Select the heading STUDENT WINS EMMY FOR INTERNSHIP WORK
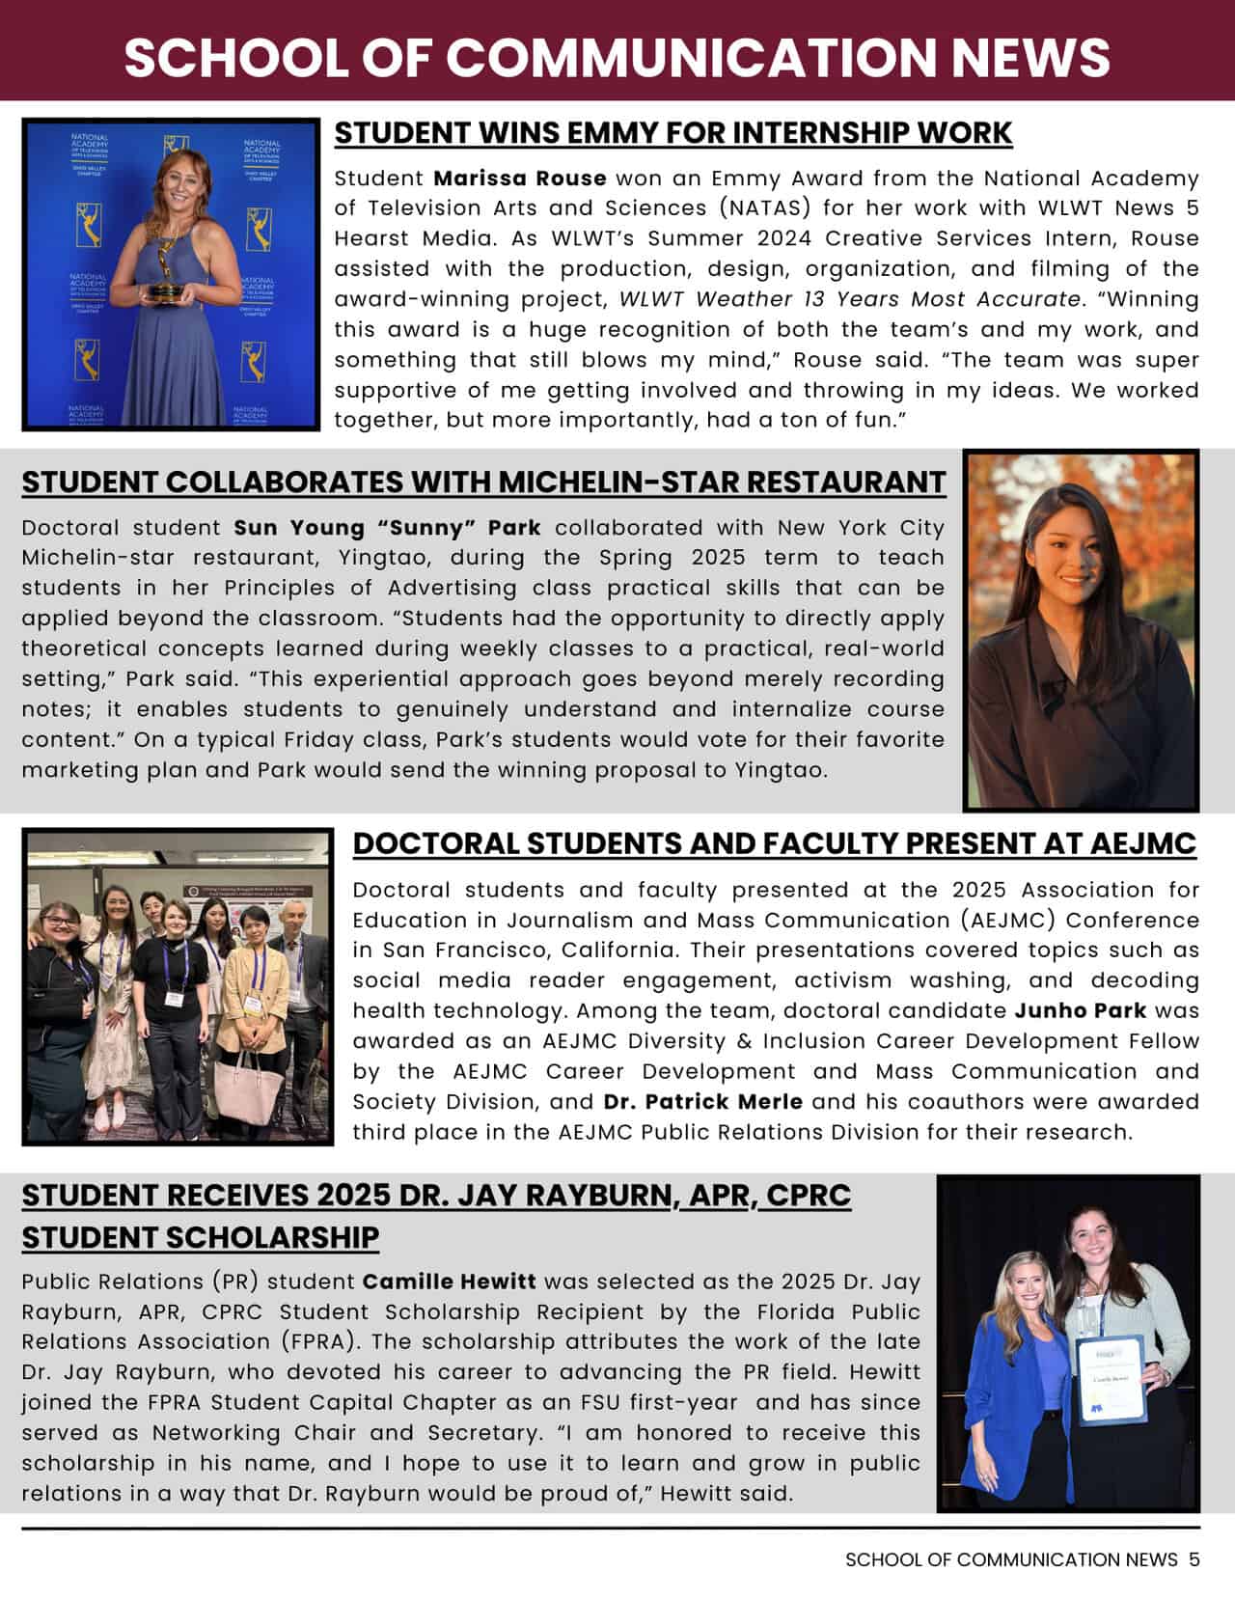[672, 132]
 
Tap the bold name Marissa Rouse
[519, 179]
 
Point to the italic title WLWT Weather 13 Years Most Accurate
[849, 299]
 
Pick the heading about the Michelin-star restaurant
[483, 482]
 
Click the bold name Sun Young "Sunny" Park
[387, 528]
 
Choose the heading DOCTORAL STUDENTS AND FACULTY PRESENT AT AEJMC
[774, 842]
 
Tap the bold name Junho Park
[1081, 1011]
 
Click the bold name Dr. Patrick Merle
[702, 1102]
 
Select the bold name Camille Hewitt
[449, 1282]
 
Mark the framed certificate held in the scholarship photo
[1110, 1379]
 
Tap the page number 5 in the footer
[1194, 1559]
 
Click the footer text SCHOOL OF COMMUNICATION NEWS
[1011, 1559]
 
